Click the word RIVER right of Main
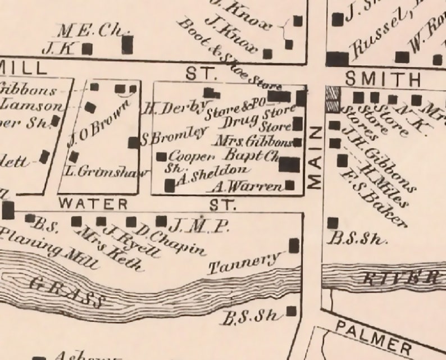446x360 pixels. pyautogui.click(x=401, y=277)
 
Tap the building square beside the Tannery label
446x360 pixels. pyautogui.click(x=294, y=245)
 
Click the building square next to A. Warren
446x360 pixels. pyautogui.click(x=290, y=184)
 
